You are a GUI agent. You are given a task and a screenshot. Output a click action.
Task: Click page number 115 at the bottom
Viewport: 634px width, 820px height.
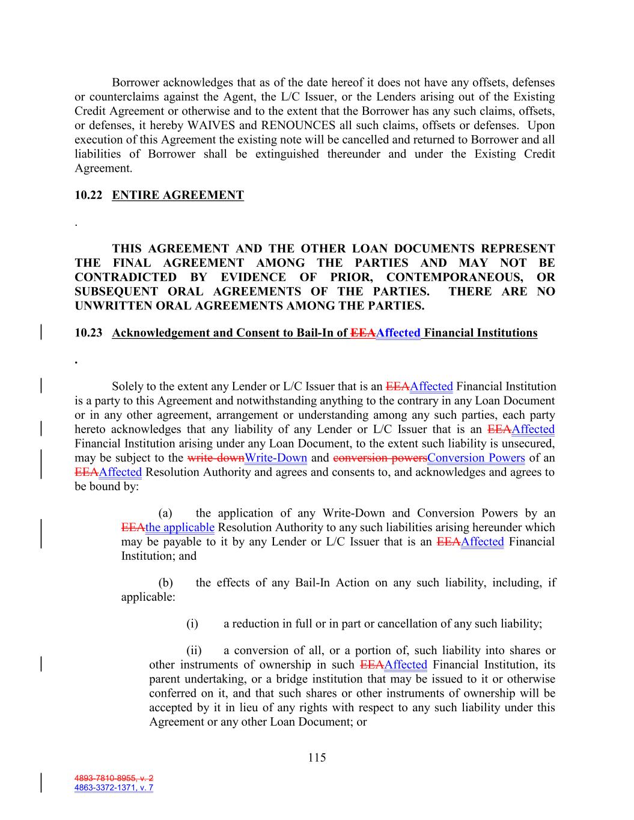coord(317,758)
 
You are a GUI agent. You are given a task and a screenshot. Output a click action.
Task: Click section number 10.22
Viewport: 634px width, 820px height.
coord(88,195)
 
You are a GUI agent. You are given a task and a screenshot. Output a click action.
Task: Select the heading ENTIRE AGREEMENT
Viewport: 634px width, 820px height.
coord(178,195)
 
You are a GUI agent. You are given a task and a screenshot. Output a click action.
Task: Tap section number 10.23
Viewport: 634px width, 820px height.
coord(88,333)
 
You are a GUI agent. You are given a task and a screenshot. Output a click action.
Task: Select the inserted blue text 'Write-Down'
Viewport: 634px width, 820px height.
coord(276,458)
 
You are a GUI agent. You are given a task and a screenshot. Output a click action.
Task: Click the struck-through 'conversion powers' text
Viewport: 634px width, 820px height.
coord(380,458)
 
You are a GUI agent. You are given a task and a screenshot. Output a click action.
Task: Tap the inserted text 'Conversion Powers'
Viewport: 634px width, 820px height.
coord(476,458)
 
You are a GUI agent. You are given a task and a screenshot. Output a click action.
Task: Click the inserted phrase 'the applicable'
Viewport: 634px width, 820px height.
coord(180,527)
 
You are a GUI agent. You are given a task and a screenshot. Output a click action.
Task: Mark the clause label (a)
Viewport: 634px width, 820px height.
coord(165,513)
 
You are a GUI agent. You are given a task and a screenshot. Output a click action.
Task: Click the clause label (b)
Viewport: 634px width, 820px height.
coord(165,583)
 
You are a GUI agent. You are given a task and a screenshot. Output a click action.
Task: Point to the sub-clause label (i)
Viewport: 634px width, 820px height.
coord(192,624)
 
